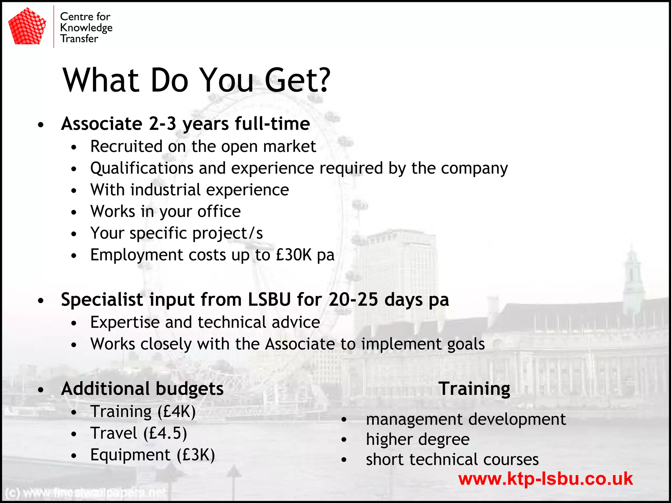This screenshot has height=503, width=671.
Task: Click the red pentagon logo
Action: click(27, 27)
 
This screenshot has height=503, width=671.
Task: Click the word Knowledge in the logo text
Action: click(86, 28)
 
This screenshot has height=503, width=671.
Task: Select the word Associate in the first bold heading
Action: click(102, 124)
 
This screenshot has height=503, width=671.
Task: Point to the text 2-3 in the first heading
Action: click(163, 124)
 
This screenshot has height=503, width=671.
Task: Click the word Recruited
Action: click(126, 146)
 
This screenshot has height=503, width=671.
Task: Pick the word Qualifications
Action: click(142, 168)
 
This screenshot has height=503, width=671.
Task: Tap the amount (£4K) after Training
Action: click(177, 412)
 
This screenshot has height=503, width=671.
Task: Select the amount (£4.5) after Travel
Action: click(165, 433)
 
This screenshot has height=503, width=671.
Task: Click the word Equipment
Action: click(130, 455)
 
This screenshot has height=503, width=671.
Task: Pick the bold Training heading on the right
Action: click(474, 389)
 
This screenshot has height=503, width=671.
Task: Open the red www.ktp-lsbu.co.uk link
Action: click(546, 479)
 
